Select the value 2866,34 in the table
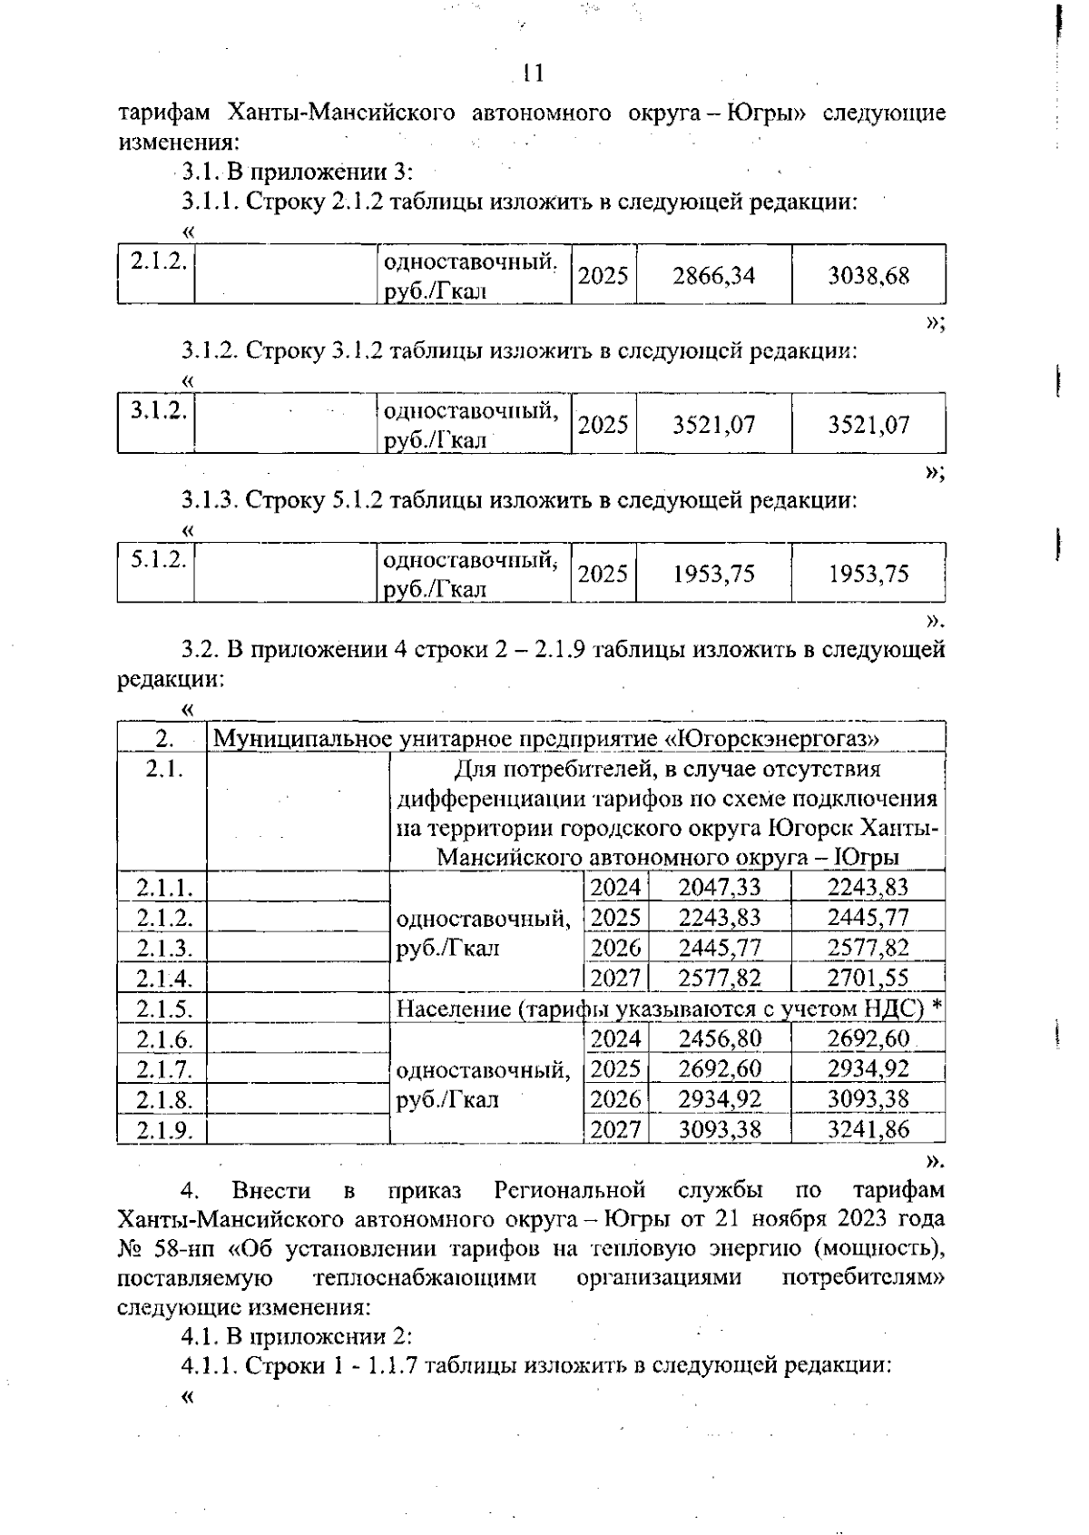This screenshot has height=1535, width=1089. (713, 275)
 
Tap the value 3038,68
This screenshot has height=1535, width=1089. (868, 275)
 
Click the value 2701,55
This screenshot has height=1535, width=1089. (867, 978)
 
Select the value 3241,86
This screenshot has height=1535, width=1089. (867, 1129)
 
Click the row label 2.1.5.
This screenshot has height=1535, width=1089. (164, 1009)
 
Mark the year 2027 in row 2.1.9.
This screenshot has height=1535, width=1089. (615, 1129)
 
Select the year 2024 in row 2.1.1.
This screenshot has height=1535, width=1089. (615, 887)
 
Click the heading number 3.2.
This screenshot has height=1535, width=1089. (200, 649)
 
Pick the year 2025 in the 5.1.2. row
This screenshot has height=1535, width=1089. (603, 574)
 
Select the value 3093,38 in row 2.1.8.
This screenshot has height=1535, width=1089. (867, 1099)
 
